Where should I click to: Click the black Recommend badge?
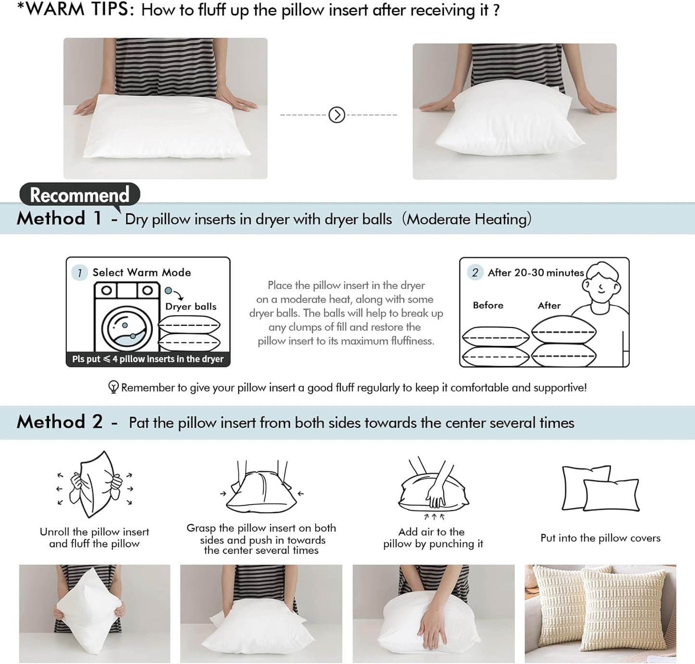[79, 195]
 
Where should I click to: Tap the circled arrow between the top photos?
[337, 115]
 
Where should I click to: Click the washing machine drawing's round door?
[127, 329]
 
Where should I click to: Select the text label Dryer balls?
[190, 307]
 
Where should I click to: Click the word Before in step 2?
[488, 305]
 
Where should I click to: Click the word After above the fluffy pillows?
[549, 305]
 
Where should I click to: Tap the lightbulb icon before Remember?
[114, 387]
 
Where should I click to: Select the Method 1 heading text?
[59, 218]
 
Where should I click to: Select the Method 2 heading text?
[60, 422]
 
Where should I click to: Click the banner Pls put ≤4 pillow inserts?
[148, 359]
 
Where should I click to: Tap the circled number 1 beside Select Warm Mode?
[79, 273]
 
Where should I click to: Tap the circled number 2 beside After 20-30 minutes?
[475, 273]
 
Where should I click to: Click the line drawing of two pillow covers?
[600, 489]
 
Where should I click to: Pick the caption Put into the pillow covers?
[600, 538]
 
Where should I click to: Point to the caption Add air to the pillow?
[433, 538]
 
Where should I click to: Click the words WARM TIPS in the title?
[79, 10]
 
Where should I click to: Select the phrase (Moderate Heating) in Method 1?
[467, 219]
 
